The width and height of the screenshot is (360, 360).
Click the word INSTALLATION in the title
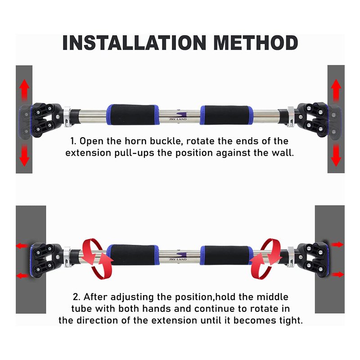(134, 43)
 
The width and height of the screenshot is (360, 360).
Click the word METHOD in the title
(256, 43)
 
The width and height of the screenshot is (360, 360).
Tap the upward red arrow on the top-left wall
(24, 90)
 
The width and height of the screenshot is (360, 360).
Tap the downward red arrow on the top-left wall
(24, 155)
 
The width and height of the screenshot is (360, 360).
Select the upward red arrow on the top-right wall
(336, 90)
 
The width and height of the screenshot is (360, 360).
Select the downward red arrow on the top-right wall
(336, 155)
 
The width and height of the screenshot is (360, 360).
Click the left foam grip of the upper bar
(132, 115)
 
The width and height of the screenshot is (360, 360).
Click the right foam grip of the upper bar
(227, 115)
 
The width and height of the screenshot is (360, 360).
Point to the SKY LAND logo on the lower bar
(178, 256)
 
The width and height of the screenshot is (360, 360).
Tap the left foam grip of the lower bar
(132, 255)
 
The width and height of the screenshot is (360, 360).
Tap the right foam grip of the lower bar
(227, 255)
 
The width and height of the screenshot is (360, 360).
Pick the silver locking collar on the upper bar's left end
(67, 116)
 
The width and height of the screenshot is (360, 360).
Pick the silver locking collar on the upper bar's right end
(290, 116)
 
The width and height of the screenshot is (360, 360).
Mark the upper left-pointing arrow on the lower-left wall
(22, 246)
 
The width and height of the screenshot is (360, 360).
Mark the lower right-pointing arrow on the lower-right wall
(338, 274)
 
